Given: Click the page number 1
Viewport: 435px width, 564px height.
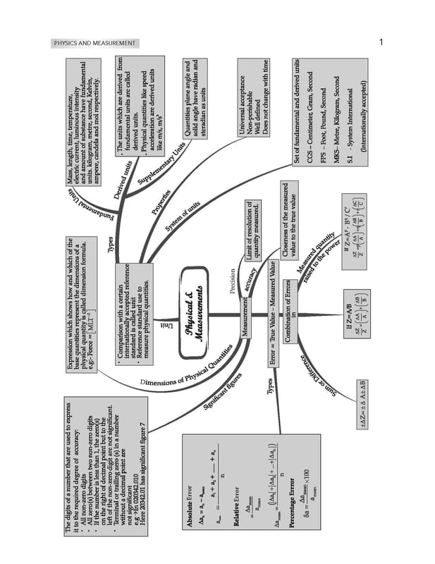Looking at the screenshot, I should (x=381, y=43).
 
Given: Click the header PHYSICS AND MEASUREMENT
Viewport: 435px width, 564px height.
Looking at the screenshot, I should (x=95, y=44).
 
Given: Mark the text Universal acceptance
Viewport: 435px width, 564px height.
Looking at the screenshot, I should (x=243, y=98).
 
